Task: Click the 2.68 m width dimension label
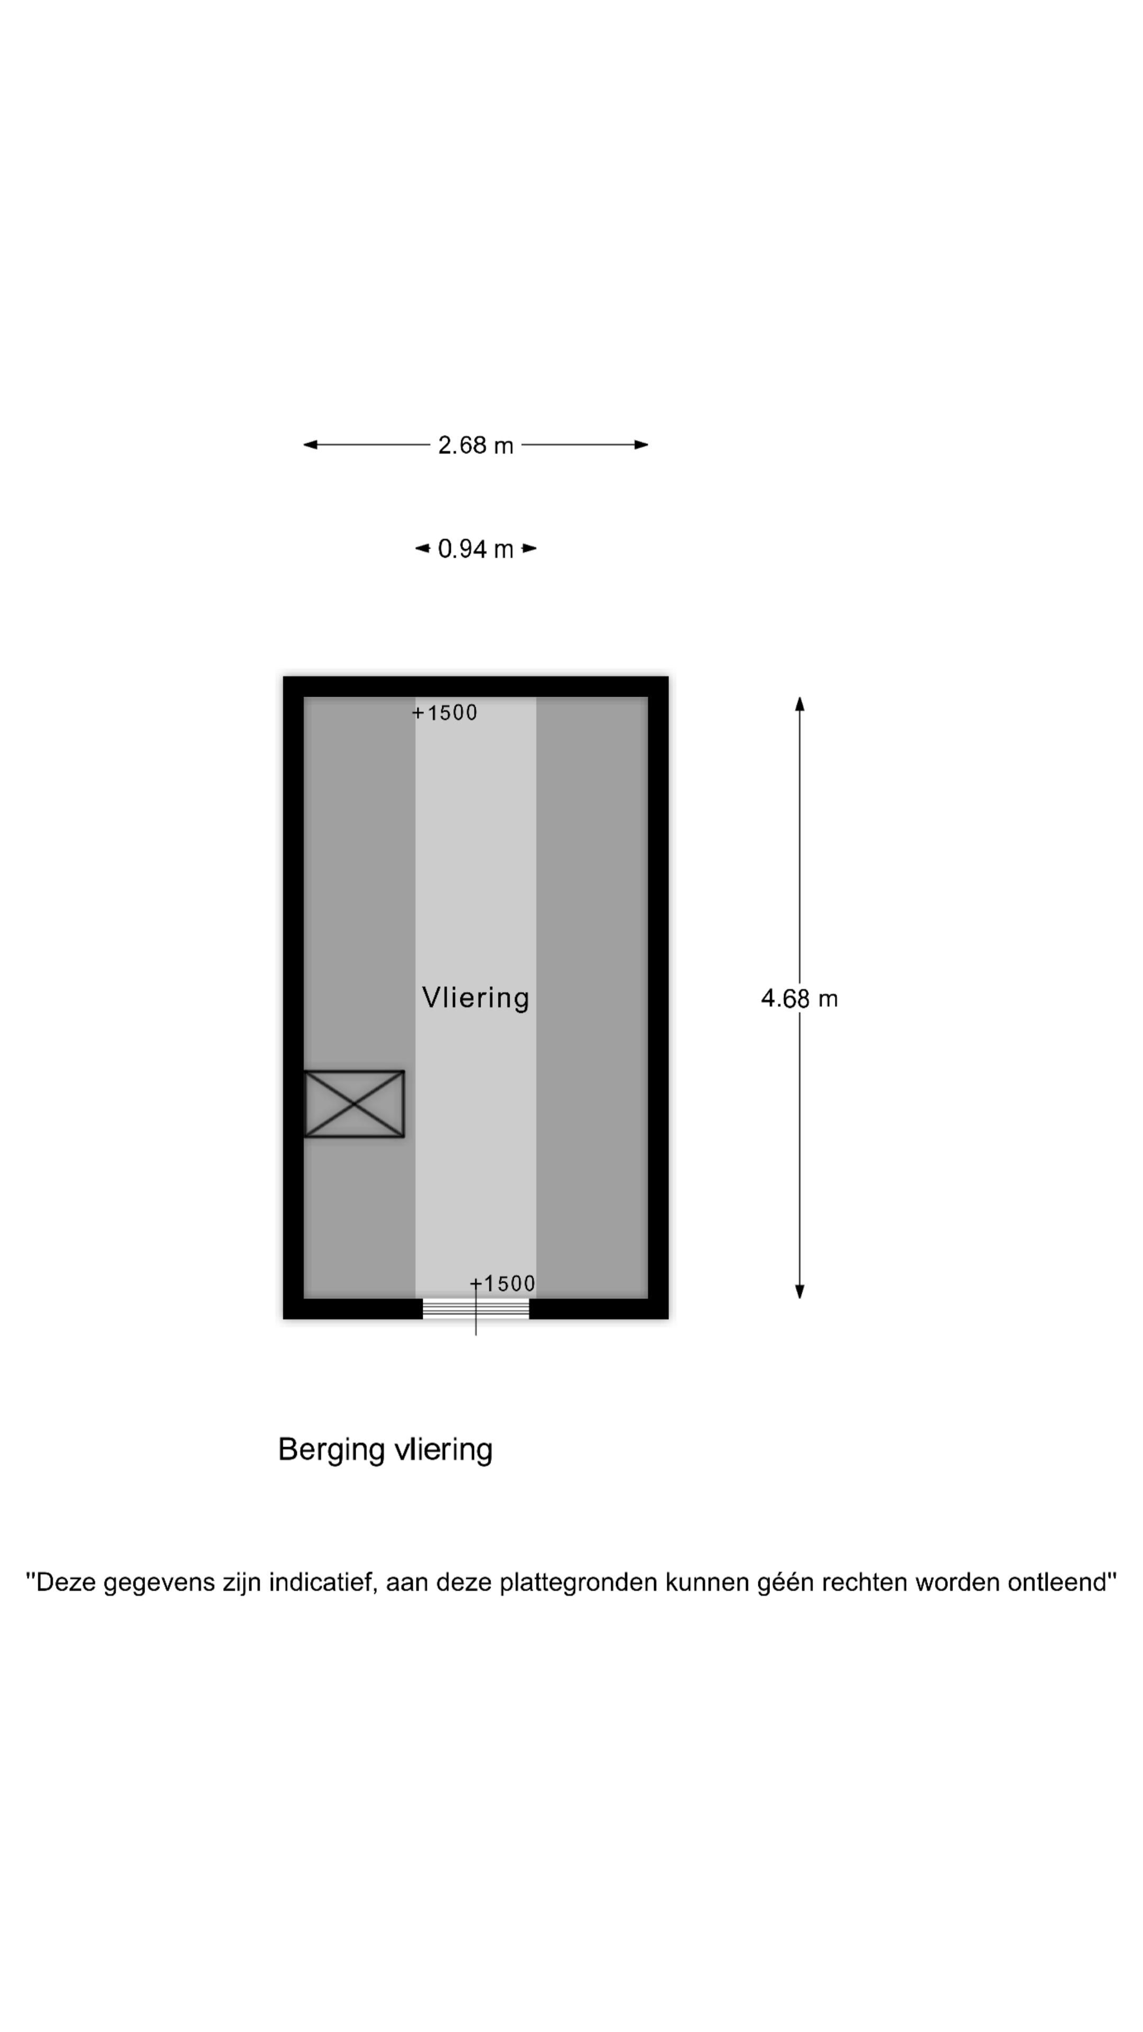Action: (476, 446)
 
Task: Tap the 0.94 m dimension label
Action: (476, 549)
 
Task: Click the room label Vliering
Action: (476, 998)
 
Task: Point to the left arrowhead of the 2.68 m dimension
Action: (311, 445)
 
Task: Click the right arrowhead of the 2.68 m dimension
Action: (641, 445)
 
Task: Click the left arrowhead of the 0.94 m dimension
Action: (423, 548)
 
